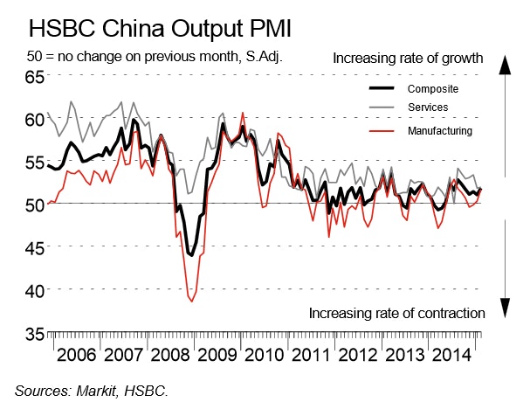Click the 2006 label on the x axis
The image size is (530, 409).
click(x=76, y=358)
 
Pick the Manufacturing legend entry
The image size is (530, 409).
click(x=440, y=130)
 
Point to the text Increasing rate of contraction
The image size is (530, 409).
click(x=397, y=313)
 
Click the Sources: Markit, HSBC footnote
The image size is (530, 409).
click(x=90, y=391)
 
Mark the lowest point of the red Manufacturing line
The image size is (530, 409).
click(x=191, y=302)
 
